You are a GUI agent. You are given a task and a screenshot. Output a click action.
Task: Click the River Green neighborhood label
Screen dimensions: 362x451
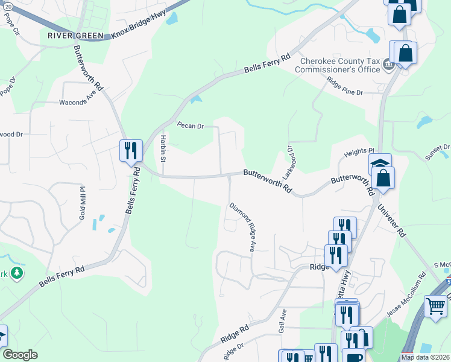click(x=75, y=36)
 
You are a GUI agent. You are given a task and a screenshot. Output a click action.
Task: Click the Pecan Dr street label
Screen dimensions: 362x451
click(x=191, y=125)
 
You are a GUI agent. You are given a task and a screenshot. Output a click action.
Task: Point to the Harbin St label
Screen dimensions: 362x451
click(x=163, y=148)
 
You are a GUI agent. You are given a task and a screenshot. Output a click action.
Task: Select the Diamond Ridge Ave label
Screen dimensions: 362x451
click(x=242, y=227)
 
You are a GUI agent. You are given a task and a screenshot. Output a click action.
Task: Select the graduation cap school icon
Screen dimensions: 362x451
click(x=380, y=164)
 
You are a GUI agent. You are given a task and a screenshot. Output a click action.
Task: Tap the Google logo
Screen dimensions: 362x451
click(x=20, y=355)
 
